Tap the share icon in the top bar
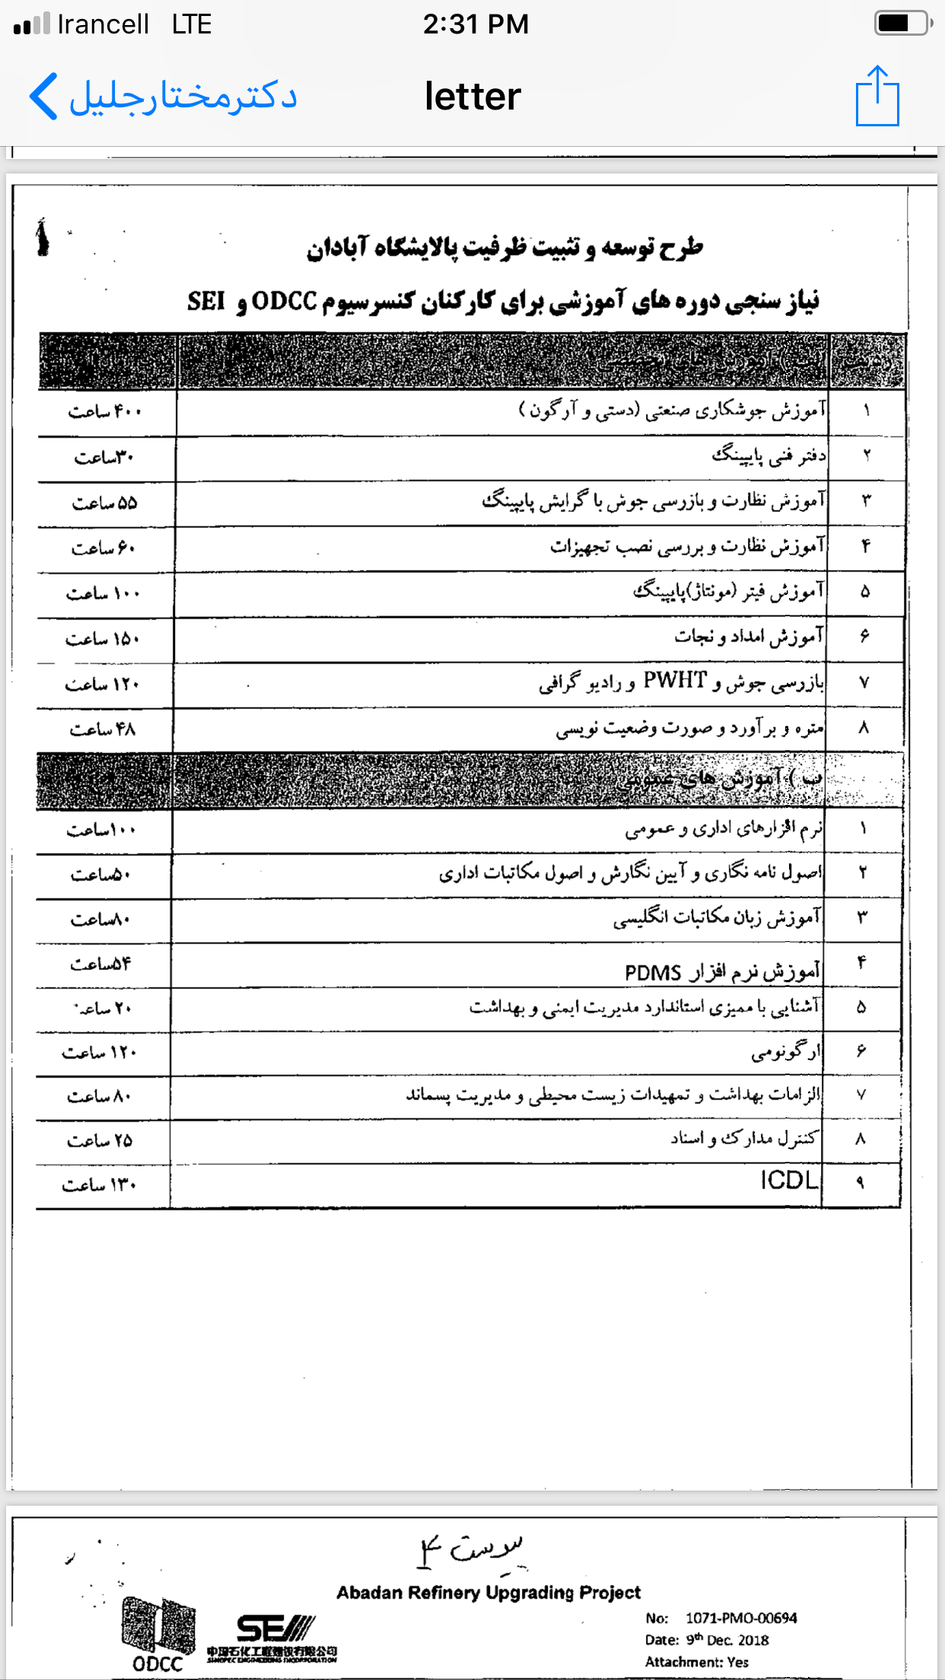877,97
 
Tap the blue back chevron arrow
44,97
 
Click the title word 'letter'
473,97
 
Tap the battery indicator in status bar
902,24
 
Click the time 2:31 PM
476,24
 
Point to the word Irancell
103,24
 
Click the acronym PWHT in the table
675,680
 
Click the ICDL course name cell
789,1180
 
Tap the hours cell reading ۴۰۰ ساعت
105,412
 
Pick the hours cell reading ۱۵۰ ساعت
103,639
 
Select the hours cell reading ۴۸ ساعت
103,730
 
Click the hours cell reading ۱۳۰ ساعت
100,1185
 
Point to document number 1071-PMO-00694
740,1618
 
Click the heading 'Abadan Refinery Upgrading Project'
488,1592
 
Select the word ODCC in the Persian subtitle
284,301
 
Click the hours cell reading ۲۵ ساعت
100,1141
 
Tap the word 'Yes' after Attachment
737,1662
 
